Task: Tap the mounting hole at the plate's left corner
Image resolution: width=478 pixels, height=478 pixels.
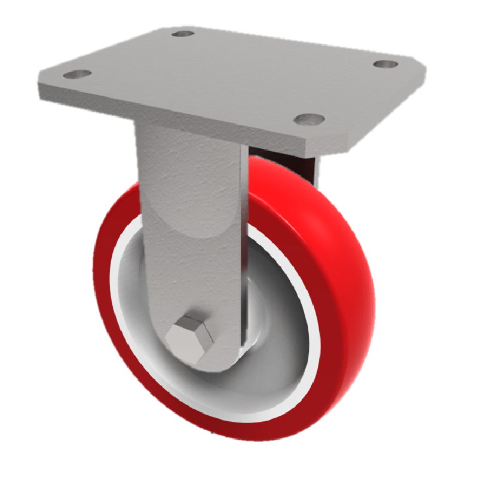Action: pos(76,75)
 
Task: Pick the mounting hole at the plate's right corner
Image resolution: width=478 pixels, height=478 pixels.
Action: pos(385,64)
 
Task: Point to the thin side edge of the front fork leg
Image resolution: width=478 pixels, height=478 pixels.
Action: pos(244,251)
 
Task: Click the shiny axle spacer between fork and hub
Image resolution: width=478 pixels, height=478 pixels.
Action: pos(253,341)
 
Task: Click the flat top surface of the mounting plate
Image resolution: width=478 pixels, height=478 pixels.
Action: pos(239,72)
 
